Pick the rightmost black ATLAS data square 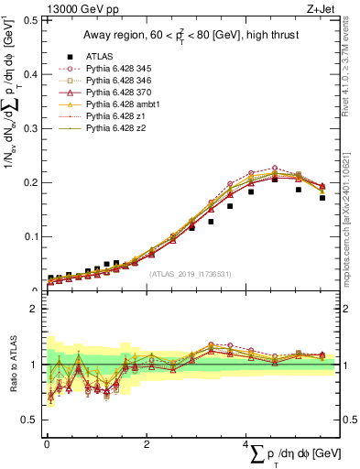click(x=322, y=197)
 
